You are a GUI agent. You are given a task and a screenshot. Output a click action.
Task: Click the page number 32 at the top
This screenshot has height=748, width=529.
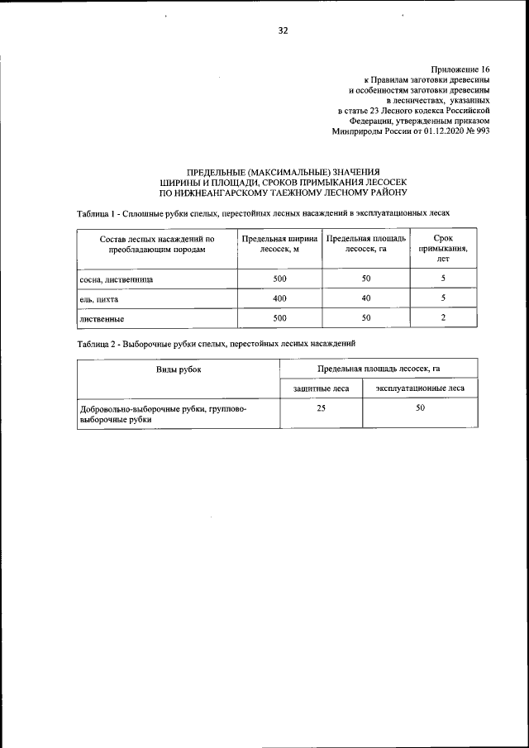(x=284, y=31)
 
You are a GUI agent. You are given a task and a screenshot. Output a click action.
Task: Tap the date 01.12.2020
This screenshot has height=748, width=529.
(x=427, y=131)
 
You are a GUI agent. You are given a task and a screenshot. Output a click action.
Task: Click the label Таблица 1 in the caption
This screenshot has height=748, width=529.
(x=97, y=213)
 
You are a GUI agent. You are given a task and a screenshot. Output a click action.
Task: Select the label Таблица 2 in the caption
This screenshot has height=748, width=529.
(x=97, y=343)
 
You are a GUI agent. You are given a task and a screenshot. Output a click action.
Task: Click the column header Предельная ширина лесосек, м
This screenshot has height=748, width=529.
(x=279, y=243)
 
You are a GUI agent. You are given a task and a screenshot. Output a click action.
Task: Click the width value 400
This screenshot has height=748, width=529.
(x=279, y=298)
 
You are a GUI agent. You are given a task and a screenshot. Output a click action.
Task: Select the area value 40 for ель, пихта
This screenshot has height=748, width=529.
(x=366, y=298)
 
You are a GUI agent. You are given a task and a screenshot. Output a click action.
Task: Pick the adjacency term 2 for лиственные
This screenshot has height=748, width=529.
(x=443, y=317)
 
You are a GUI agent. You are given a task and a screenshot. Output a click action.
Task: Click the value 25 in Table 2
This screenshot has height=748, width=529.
(x=322, y=408)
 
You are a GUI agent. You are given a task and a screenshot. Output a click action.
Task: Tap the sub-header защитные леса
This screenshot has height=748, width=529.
(x=322, y=388)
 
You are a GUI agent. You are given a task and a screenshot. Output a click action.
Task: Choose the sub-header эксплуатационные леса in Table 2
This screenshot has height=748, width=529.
(x=420, y=388)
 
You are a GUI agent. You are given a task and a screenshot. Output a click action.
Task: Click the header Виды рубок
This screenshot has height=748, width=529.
(x=179, y=369)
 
